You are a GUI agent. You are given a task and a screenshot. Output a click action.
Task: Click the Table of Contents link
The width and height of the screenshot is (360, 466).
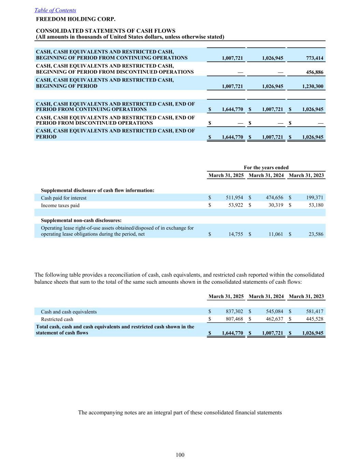pos(55,10)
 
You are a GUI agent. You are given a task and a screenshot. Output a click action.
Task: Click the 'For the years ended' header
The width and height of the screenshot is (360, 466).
pos(266,167)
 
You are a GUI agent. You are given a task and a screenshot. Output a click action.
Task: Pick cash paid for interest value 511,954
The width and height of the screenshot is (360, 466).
pos(234,198)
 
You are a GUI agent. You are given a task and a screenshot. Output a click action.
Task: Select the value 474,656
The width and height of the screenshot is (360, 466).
pos(274,198)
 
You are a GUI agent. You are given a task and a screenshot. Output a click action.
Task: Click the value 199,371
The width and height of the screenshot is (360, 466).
pos(315,198)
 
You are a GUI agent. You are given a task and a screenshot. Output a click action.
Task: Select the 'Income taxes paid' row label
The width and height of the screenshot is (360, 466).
pos(60,206)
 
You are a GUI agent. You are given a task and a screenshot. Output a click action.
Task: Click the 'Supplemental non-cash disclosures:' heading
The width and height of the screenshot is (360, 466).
pos(81,220)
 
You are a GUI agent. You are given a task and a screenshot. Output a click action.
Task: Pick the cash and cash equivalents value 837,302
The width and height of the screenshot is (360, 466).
pos(234,312)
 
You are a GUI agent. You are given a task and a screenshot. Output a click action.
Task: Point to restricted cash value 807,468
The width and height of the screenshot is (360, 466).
pos(234,319)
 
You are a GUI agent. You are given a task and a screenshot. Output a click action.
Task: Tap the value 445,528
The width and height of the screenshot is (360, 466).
pos(315,319)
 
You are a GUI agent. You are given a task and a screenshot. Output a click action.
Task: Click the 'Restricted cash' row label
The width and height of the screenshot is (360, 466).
pos(57,319)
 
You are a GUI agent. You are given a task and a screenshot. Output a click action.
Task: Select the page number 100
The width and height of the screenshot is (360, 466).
pos(180,455)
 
